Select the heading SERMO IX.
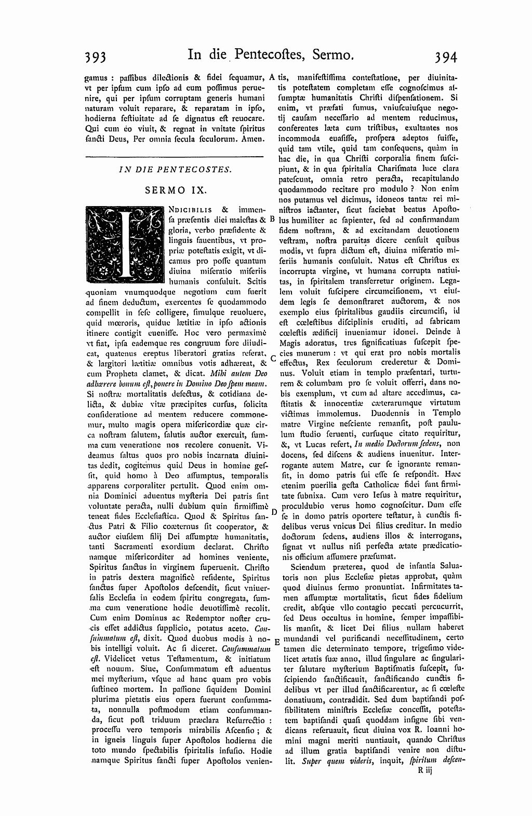click(x=176, y=190)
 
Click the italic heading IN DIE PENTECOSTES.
click(x=175, y=169)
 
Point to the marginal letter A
click(x=272, y=76)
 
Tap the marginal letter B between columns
click(x=272, y=219)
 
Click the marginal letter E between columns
click(x=276, y=641)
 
